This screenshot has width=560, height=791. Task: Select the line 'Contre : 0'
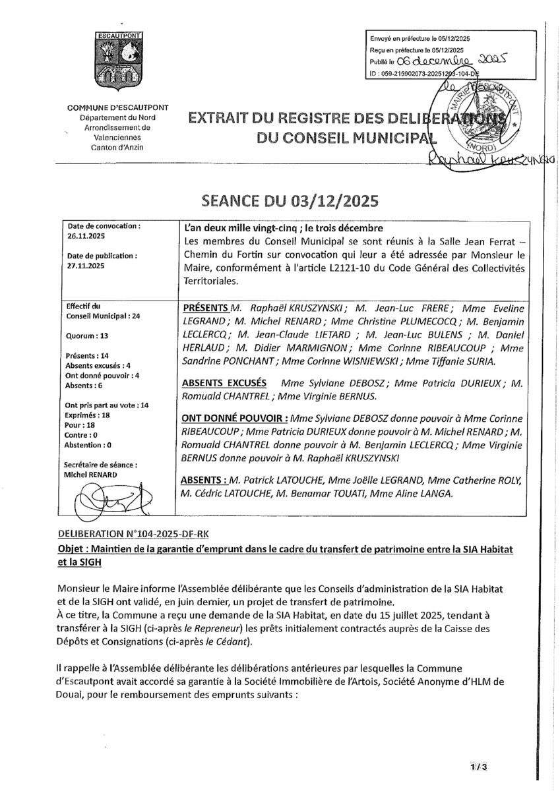tap(81, 435)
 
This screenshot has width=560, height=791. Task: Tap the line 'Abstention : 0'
tap(88, 445)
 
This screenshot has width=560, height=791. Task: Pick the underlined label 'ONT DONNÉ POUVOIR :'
tap(233, 419)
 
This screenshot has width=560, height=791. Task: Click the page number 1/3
tap(479, 767)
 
